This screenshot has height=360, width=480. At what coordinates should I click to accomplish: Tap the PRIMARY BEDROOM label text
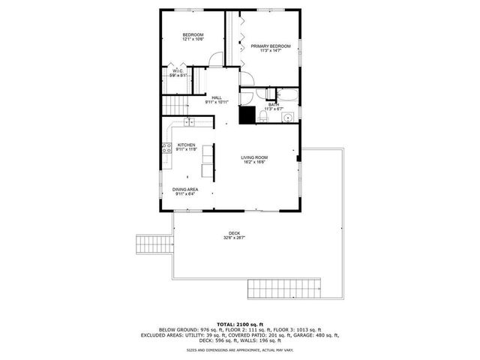point(270,46)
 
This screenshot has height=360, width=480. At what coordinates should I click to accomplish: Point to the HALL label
point(217,97)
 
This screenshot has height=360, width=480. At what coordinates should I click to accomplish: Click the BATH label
point(273,104)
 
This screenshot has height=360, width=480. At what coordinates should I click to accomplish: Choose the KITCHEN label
point(187,145)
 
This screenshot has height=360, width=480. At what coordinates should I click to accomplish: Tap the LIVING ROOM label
point(255,157)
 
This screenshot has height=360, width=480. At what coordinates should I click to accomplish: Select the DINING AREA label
point(184,189)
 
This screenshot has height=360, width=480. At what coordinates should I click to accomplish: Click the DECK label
point(235,232)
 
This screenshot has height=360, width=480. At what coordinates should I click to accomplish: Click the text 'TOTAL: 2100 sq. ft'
point(239,323)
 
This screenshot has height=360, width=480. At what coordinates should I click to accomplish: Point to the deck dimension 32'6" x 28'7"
point(235,238)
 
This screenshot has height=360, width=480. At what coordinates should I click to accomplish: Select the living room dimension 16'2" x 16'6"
point(255,162)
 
